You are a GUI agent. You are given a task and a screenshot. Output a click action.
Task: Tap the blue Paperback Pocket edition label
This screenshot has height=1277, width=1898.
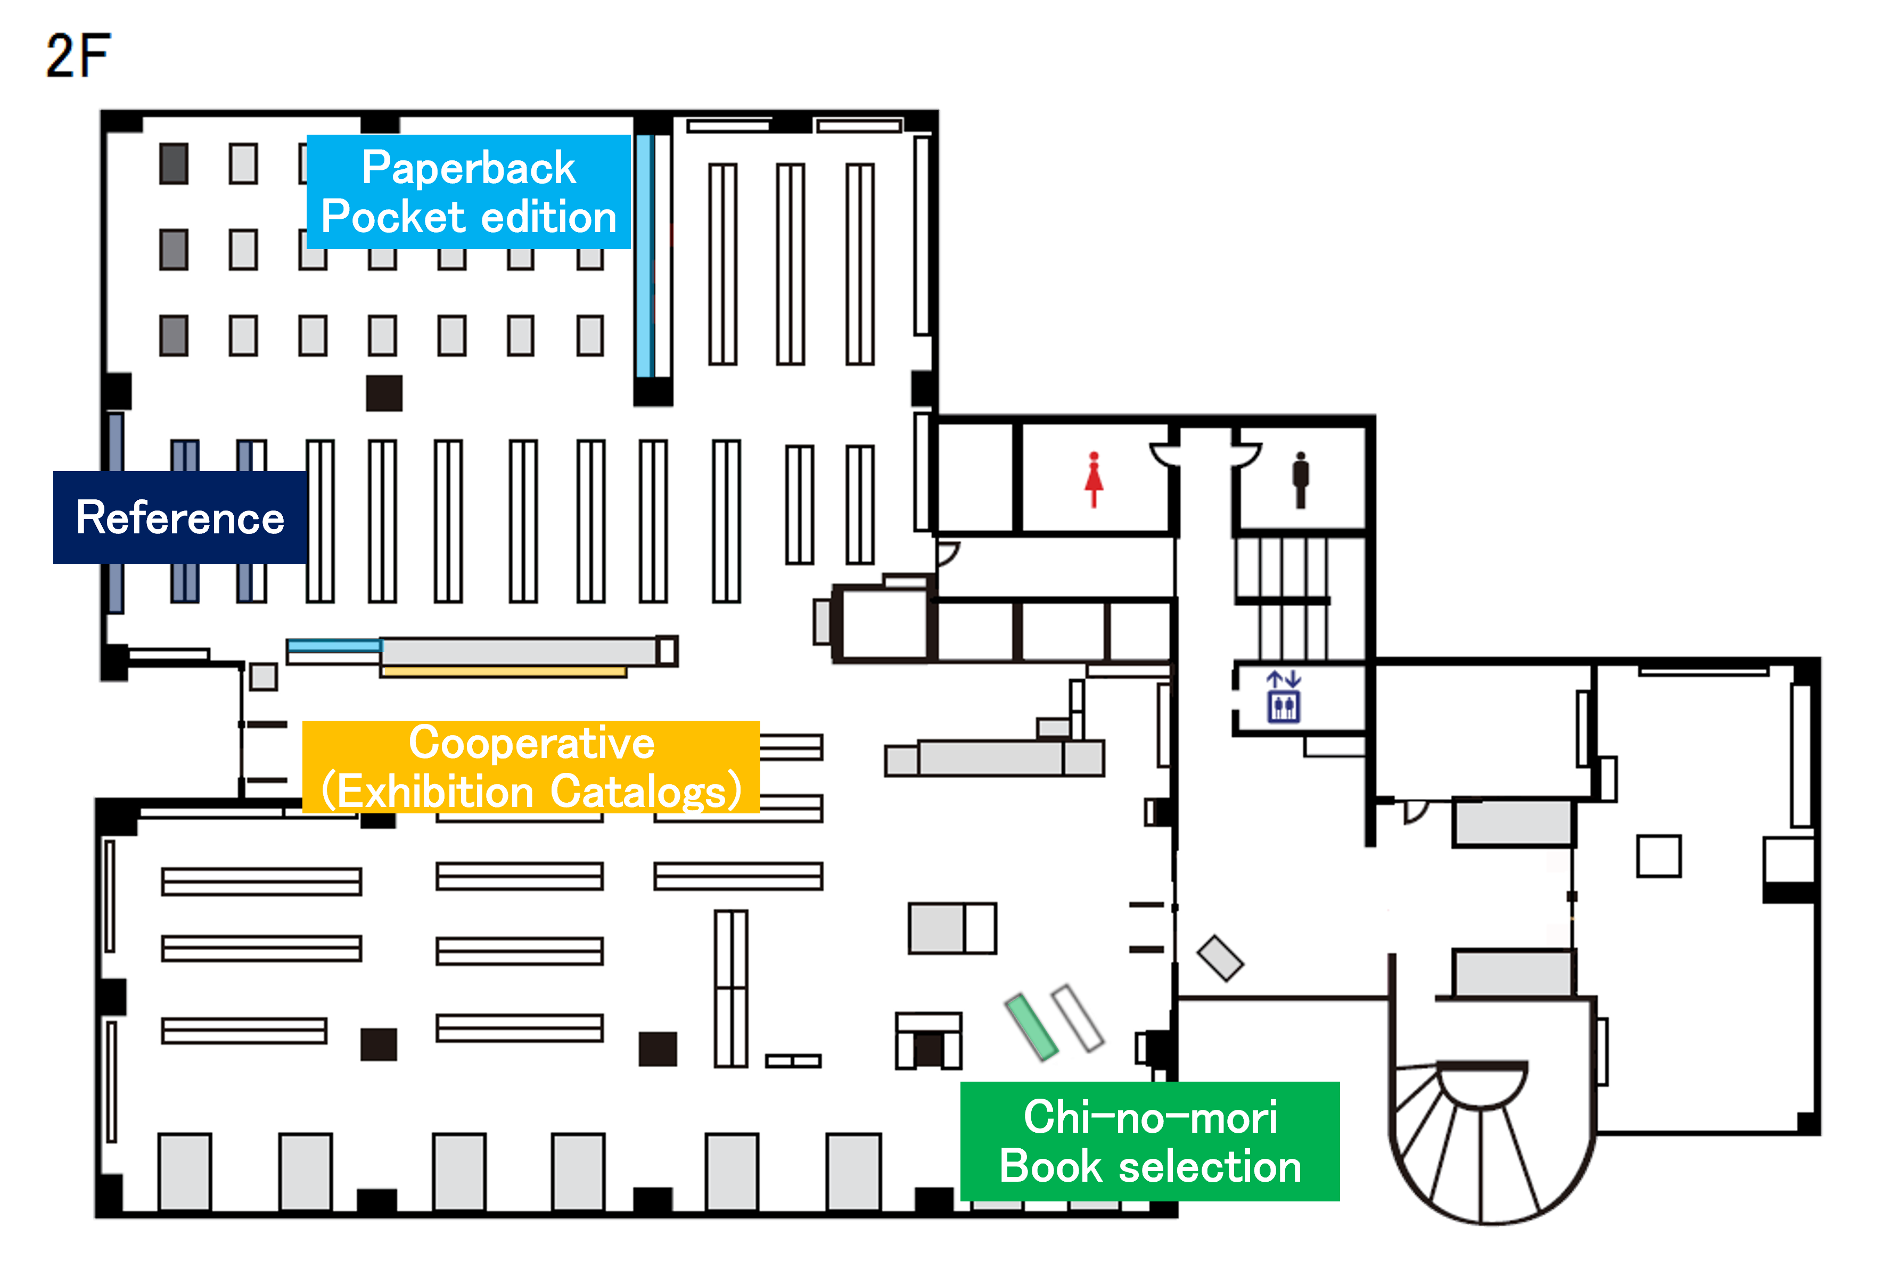(469, 192)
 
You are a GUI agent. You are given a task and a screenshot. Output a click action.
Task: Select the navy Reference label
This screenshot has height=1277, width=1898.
(180, 517)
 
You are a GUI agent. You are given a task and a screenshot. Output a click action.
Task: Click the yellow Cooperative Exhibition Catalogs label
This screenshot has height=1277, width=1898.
(531, 767)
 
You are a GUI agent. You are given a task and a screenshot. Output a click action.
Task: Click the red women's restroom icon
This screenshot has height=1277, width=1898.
(1094, 480)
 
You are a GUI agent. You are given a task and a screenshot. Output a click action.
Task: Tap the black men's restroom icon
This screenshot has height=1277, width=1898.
(1301, 480)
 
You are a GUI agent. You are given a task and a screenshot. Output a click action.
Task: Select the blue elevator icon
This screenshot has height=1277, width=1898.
(1284, 697)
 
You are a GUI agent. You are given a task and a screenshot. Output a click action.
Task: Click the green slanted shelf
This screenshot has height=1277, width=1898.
(1031, 1027)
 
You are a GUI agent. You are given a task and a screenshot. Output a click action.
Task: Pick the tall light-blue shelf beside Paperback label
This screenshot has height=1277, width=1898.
(644, 256)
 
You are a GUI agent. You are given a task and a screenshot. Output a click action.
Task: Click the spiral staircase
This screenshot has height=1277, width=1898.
(1491, 1140)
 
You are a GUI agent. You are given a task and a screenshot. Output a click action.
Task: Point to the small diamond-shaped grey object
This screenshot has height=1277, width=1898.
(1219, 958)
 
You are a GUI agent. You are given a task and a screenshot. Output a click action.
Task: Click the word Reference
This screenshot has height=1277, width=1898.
(180, 518)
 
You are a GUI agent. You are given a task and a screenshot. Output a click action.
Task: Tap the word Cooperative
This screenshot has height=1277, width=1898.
(531, 743)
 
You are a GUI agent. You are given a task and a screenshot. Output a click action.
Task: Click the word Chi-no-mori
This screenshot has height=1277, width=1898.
(1150, 1117)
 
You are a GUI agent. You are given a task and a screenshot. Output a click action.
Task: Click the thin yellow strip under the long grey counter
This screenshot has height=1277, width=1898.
(504, 672)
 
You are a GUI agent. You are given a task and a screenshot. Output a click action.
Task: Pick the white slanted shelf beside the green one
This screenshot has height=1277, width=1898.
(1078, 1018)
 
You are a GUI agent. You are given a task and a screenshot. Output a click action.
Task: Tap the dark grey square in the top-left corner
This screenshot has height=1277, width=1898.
(174, 164)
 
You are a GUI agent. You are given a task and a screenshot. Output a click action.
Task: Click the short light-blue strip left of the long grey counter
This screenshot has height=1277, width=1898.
(334, 646)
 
